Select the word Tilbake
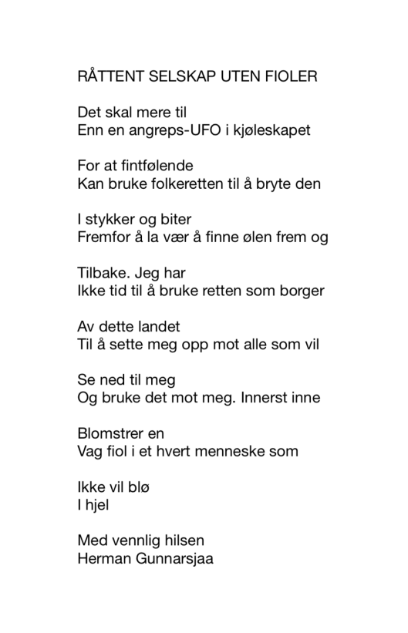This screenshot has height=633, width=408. [106, 272]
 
